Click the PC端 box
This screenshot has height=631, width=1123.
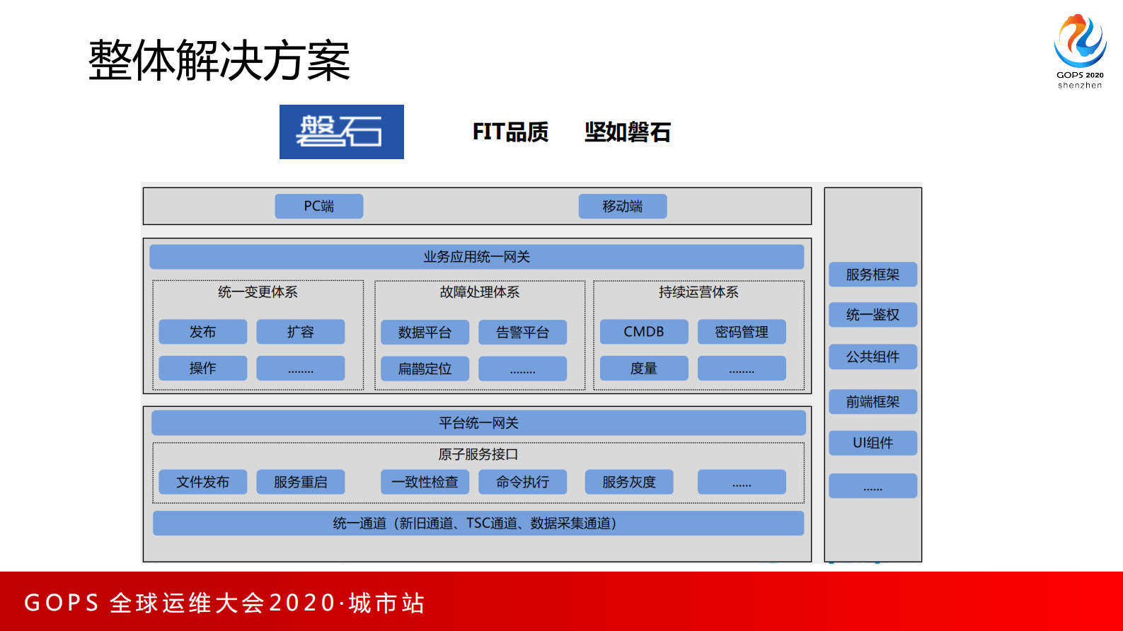(318, 206)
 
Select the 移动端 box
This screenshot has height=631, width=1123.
(622, 206)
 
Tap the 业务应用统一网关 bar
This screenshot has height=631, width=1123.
(476, 257)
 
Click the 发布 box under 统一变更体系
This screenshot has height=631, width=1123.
(202, 332)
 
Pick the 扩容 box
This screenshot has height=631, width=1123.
(300, 332)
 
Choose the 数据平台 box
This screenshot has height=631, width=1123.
(425, 332)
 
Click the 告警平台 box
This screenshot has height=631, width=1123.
(522, 332)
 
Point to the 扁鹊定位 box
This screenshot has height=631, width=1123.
(425, 369)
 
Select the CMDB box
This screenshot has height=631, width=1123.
(643, 332)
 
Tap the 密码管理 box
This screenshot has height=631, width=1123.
(741, 332)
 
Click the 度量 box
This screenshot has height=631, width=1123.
(643, 369)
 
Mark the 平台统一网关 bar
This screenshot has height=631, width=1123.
(478, 423)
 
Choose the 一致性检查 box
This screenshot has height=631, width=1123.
(425, 482)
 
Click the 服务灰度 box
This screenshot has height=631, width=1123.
(628, 482)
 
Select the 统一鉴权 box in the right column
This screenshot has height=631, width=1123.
(873, 315)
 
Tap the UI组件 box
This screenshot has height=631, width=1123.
(873, 443)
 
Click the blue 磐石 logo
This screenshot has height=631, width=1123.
(341, 132)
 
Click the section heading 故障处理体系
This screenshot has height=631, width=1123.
(479, 292)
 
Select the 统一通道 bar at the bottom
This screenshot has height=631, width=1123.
(478, 523)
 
